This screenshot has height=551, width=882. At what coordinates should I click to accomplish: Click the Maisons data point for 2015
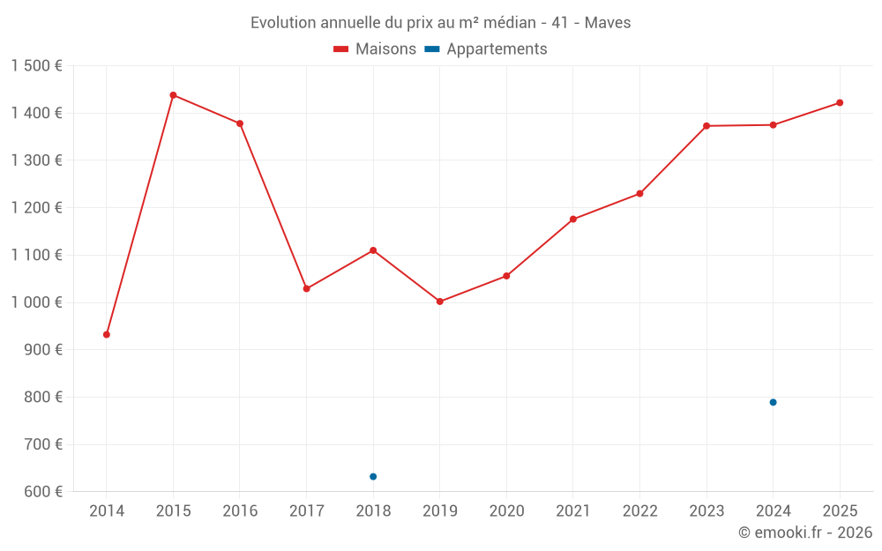pos(173,95)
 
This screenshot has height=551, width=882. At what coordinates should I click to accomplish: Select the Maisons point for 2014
pos(107,335)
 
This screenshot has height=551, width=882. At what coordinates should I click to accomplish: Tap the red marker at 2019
pos(440,302)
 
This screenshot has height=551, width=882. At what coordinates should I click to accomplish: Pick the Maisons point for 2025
pos(840,103)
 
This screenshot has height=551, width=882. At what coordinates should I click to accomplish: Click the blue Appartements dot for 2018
pos(373,477)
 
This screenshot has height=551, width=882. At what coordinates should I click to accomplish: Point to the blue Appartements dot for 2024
pos(774,402)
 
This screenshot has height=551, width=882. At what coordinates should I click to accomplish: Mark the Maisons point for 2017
pos(307,289)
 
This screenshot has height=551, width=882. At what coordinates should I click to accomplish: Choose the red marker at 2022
pos(639,194)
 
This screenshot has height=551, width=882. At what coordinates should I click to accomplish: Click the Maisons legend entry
pos(375,49)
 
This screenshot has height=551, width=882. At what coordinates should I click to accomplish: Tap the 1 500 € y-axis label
pos(36,66)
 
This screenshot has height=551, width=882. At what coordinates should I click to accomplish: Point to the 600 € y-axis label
pos(41,492)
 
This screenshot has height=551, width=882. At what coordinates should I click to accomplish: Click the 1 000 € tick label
pos(36,302)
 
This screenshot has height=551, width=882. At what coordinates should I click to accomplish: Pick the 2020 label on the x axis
pos(506,511)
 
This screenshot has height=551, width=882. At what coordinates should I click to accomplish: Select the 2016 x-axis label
pos(240,511)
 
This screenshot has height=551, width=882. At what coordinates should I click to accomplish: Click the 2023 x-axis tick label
pos(706,511)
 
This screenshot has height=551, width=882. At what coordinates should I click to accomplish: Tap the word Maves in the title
pos(609,23)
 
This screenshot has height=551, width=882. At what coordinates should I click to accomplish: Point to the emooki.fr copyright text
pos(805,532)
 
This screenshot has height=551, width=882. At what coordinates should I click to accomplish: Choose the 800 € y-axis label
pos(41,397)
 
